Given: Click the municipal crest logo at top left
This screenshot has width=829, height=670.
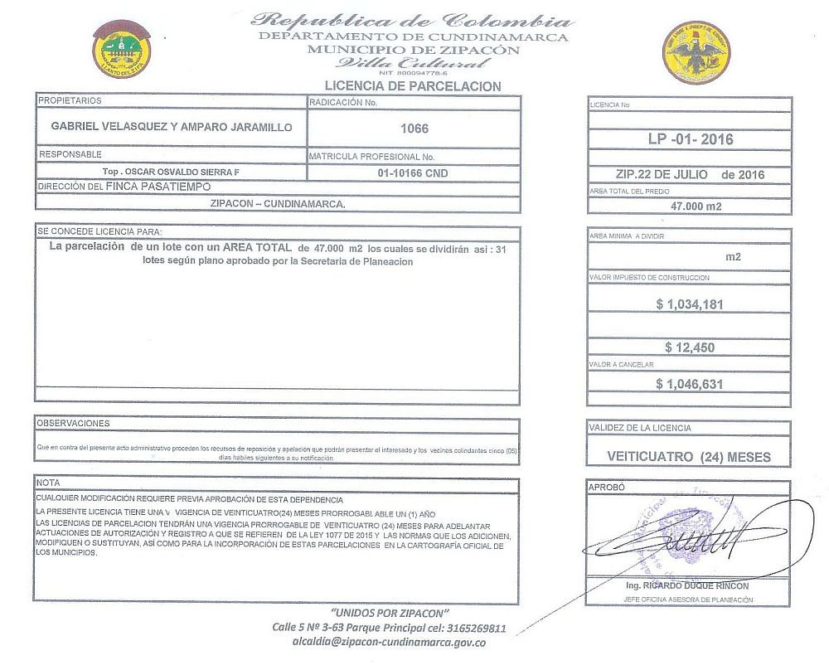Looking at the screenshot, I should [x=121, y=46].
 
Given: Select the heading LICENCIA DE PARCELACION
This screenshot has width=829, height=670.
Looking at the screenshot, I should [x=412, y=85].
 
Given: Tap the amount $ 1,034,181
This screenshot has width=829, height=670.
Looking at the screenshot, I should [x=689, y=304].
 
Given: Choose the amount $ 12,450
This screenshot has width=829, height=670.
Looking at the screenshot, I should [x=689, y=347].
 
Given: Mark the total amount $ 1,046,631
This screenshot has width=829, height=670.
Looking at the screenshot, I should [x=689, y=384].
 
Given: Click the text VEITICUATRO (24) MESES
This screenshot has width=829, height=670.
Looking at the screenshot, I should [x=689, y=456].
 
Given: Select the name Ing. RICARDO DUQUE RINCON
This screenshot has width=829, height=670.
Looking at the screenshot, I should [x=689, y=585].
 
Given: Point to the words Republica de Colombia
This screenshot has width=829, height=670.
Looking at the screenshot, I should [x=412, y=21].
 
